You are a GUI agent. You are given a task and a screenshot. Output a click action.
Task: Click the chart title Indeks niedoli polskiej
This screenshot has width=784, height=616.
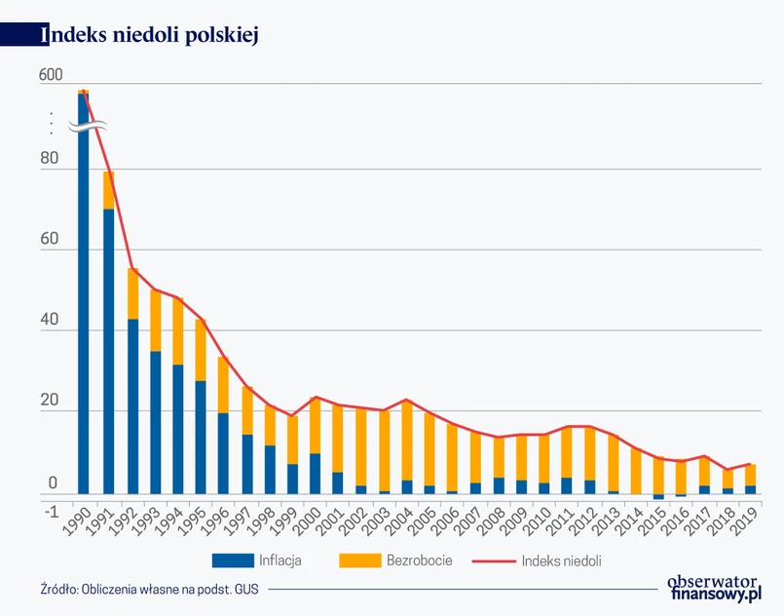(148, 34)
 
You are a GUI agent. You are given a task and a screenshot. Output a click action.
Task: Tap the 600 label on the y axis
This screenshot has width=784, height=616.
(50, 75)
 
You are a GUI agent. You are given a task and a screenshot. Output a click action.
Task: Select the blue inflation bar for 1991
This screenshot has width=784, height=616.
(109, 351)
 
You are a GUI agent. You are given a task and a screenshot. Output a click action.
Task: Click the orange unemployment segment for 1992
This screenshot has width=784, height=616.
(132, 293)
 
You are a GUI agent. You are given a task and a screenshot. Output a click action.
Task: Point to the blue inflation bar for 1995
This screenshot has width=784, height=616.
(201, 437)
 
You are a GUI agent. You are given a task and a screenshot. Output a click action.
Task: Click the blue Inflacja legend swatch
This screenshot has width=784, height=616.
(231, 560)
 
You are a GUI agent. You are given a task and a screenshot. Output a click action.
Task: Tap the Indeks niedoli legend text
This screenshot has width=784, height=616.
(561, 560)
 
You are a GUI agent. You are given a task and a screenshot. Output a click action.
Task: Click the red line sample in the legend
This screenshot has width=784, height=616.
(493, 560)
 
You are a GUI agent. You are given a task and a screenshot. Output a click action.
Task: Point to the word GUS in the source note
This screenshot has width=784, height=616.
(244, 589)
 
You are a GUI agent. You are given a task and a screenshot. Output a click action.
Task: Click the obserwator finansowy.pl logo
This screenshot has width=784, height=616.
(714, 587)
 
